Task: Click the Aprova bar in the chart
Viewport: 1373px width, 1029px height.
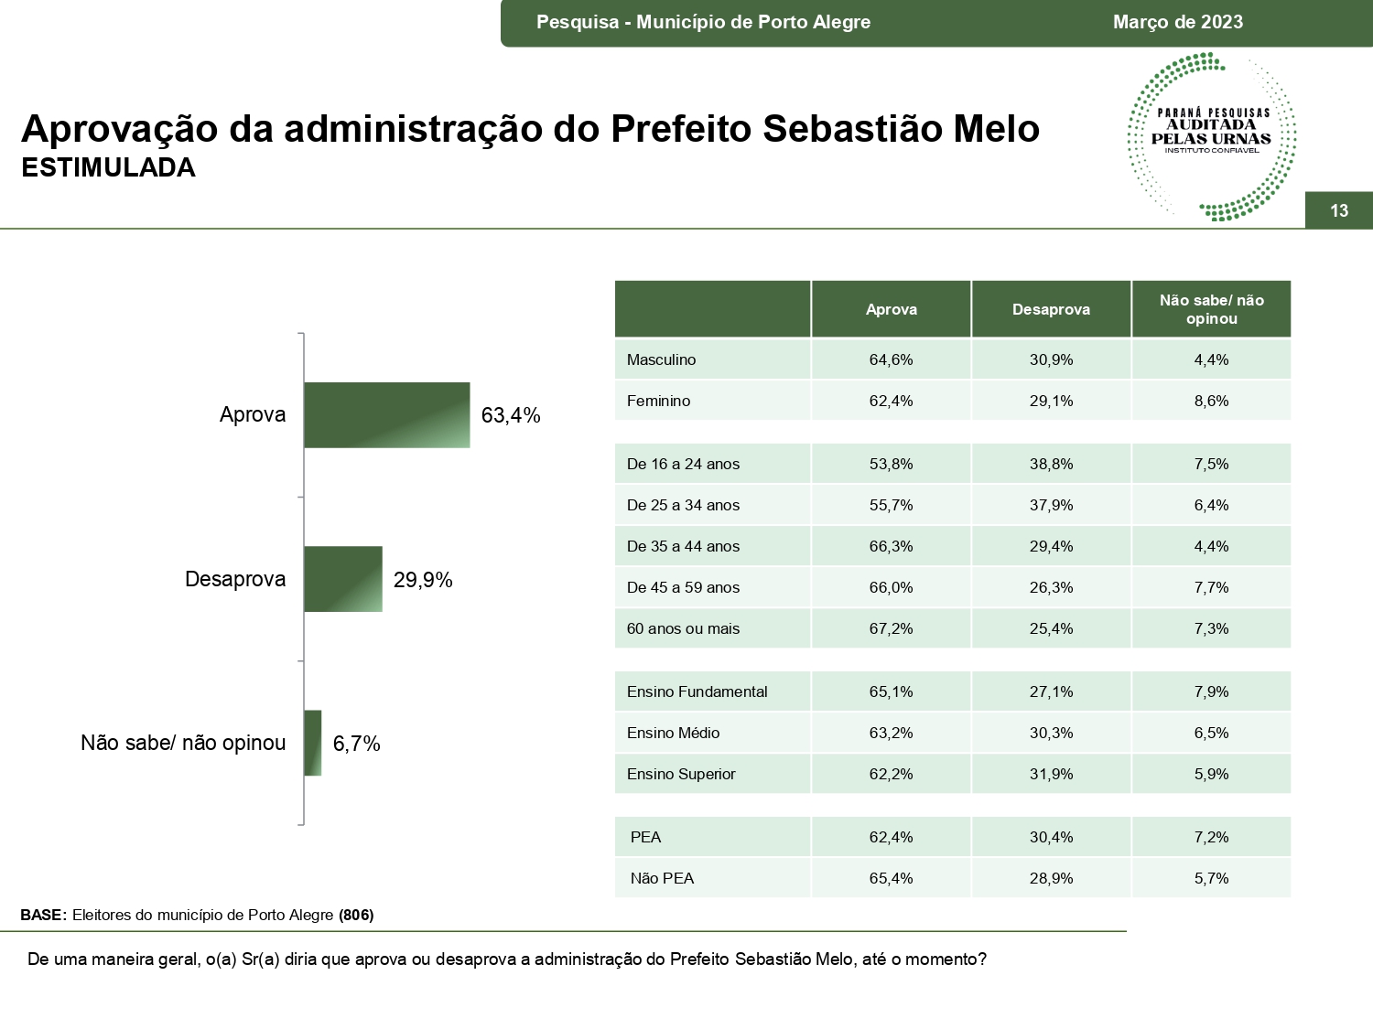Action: (386, 415)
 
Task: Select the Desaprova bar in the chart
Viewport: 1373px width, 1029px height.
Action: (342, 579)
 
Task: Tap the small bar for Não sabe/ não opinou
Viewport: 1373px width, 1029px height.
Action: (312, 743)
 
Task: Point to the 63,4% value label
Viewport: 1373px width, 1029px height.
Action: (511, 415)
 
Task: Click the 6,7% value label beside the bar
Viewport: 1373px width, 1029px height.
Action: (356, 744)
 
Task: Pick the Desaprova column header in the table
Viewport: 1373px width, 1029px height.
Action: (1051, 309)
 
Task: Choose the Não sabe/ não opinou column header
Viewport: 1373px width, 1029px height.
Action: (1211, 309)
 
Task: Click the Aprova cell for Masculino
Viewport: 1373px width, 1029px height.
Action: (891, 359)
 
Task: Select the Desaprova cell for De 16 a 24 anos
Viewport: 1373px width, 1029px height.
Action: (1051, 464)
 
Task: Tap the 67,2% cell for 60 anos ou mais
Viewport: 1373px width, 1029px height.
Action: (891, 628)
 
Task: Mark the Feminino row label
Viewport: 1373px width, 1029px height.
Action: (658, 401)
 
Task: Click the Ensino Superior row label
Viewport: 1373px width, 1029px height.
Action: (681, 774)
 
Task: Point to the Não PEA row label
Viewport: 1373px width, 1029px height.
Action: (662, 878)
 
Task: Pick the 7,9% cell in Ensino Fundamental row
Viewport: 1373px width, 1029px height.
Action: (1211, 691)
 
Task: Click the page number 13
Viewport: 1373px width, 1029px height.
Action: (1338, 210)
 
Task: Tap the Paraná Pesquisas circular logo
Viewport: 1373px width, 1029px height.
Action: (1211, 136)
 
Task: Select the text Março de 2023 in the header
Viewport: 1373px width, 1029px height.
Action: (1178, 22)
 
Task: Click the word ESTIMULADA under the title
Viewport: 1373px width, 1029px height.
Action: (108, 168)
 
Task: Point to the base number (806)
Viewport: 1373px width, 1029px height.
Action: (356, 915)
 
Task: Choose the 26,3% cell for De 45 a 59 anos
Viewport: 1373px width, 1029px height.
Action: (1051, 587)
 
